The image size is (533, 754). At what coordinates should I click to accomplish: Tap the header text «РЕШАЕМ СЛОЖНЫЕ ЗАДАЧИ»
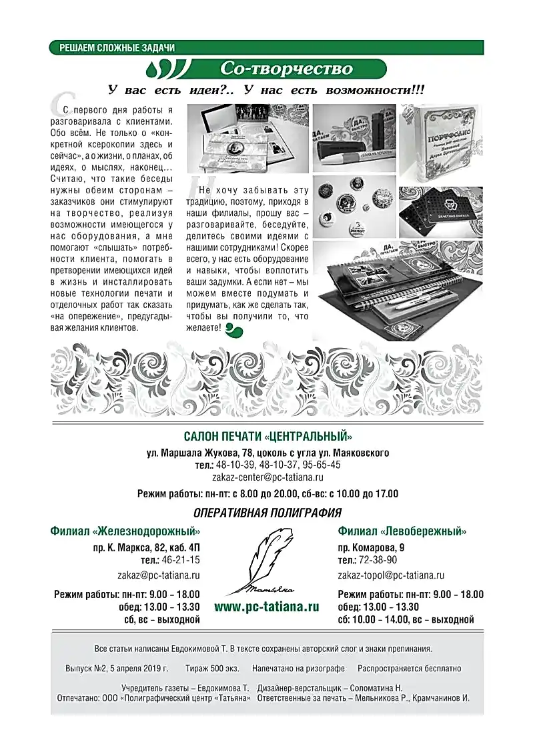point(117,48)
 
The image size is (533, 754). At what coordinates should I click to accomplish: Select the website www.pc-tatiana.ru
point(267,607)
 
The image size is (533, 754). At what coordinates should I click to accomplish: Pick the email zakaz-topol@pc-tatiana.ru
point(391,575)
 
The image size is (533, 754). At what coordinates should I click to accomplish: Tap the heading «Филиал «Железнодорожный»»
point(125,531)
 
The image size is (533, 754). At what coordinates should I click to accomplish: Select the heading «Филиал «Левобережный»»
point(402,531)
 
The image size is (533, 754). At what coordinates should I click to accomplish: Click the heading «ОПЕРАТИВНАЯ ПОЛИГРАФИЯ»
point(267,513)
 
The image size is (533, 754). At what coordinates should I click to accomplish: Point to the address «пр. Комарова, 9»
point(371,547)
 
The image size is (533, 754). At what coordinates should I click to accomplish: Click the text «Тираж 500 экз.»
point(211,668)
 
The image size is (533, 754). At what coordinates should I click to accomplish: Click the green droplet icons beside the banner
point(159,69)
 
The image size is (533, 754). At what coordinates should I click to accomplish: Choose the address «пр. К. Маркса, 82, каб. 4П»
point(146,547)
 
